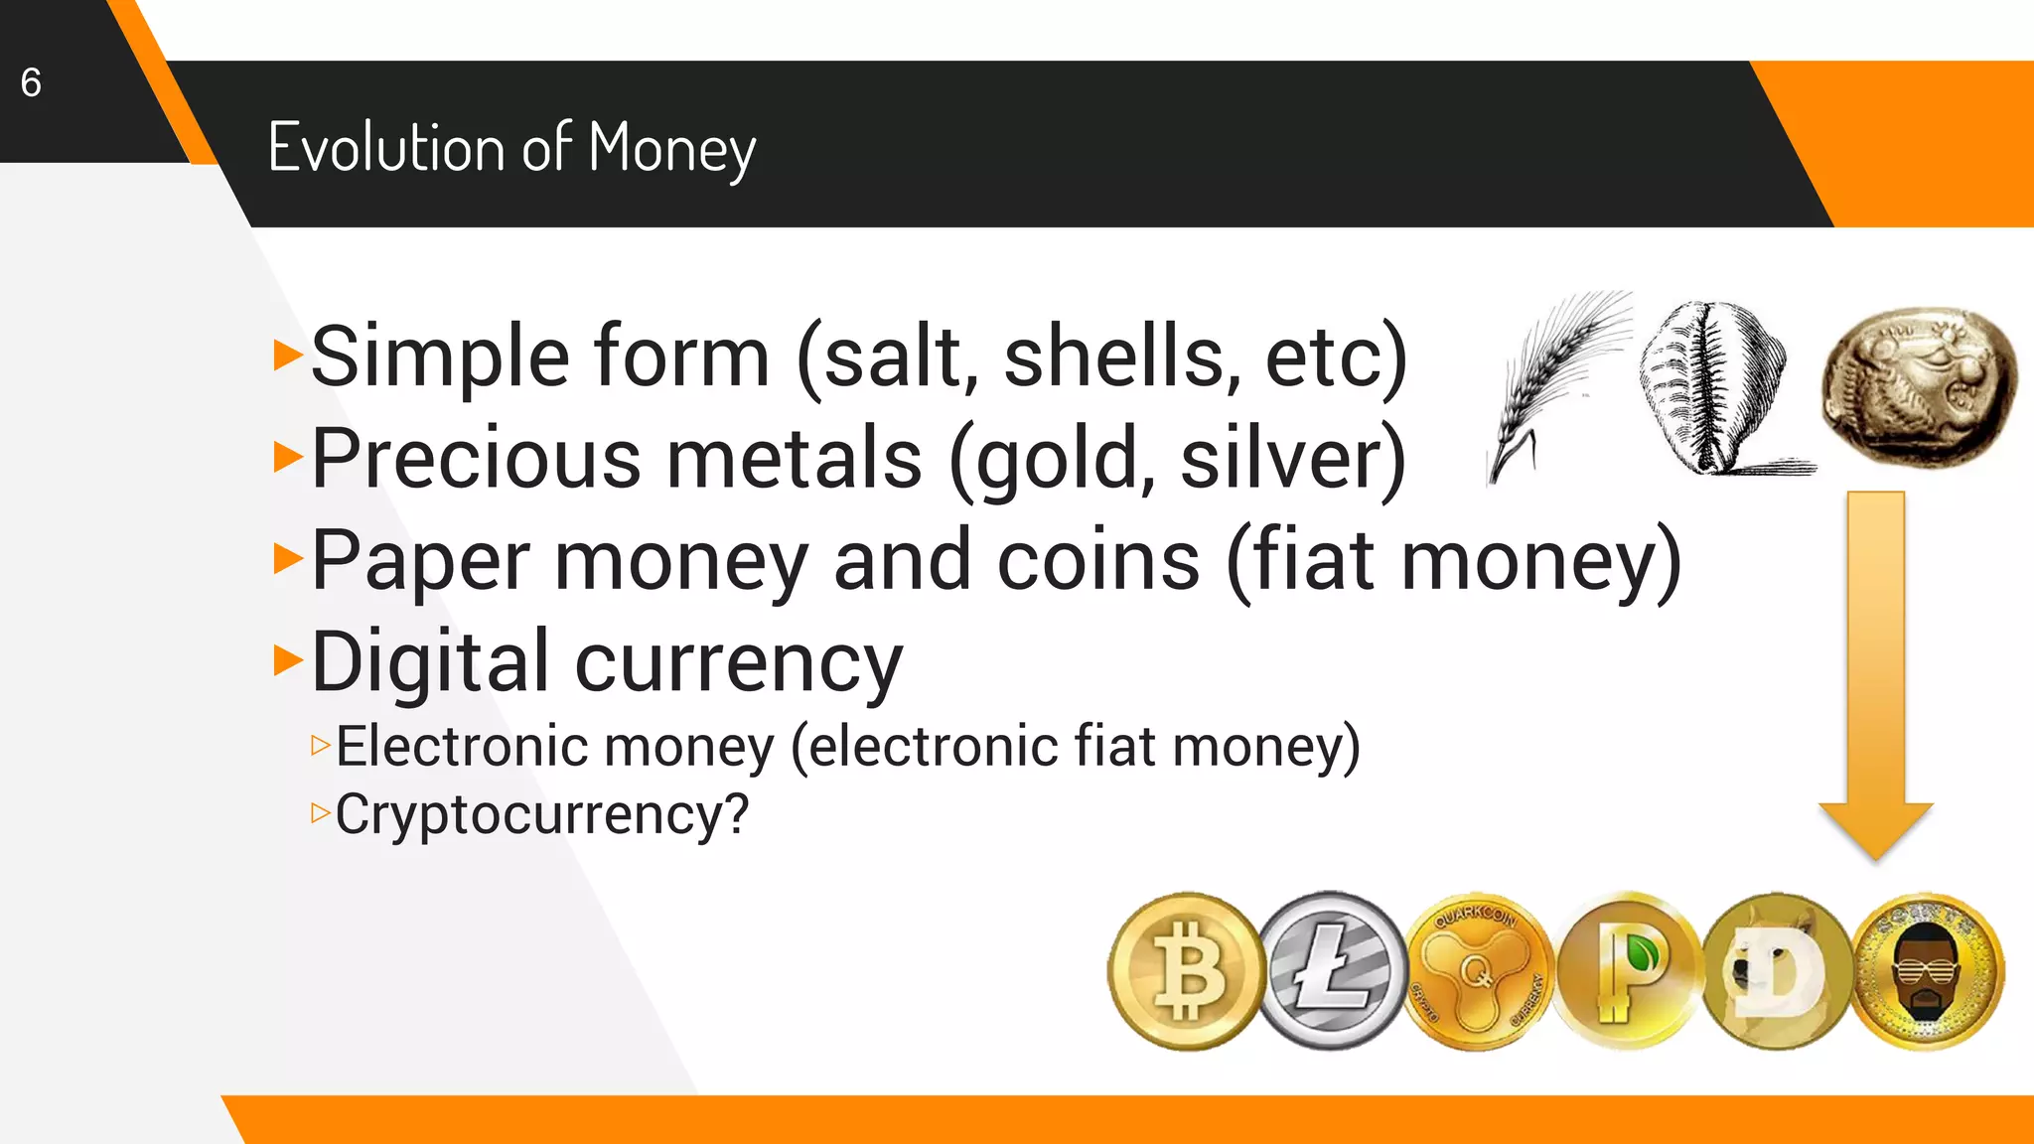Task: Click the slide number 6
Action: click(31, 82)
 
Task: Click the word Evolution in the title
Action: click(385, 148)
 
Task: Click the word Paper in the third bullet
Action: click(420, 562)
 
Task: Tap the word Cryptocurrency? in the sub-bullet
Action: click(541, 815)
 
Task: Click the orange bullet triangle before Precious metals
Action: click(287, 457)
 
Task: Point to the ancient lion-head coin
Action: click(1918, 385)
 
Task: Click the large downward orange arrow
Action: click(1875, 675)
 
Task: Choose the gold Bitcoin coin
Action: click(1185, 971)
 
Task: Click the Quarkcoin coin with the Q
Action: click(1477, 971)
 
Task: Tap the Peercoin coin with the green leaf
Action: click(1627, 971)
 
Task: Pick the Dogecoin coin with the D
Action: click(1776, 971)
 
